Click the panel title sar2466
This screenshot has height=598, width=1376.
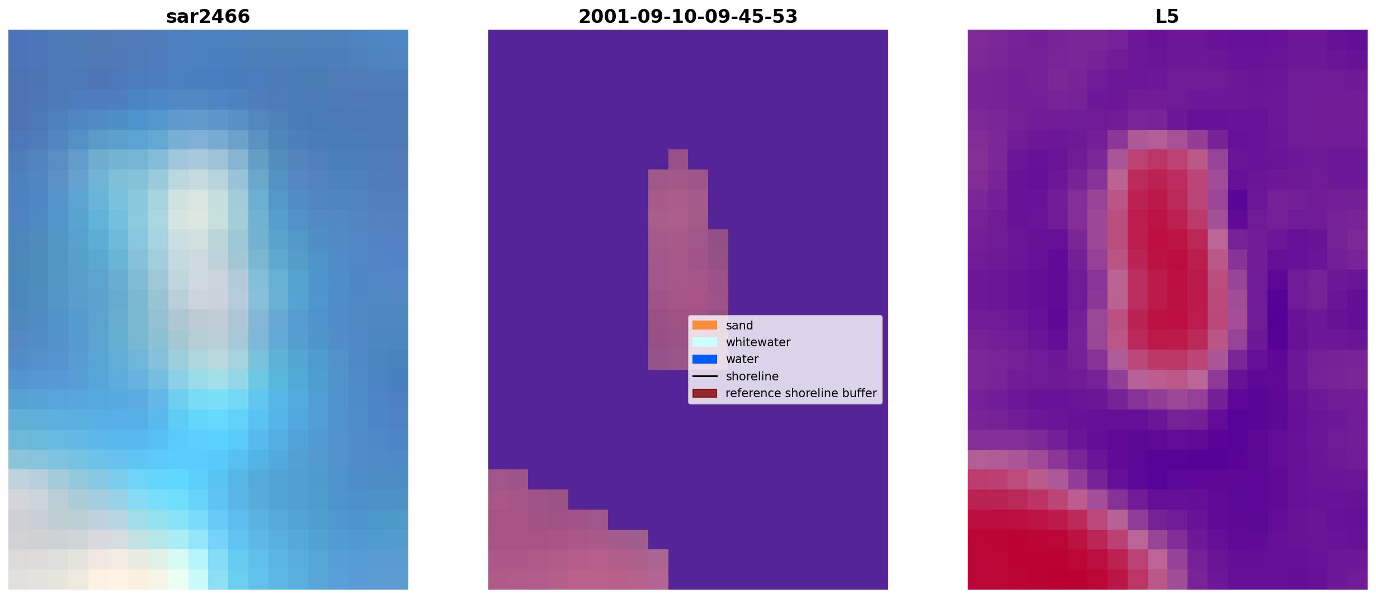208,17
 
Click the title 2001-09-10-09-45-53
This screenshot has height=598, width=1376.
688,17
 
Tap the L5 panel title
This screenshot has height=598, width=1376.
1167,17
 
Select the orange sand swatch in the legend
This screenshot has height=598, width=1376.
705,325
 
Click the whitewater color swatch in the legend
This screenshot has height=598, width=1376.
705,342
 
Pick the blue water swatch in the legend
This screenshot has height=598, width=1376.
705,359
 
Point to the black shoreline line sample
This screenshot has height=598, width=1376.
705,376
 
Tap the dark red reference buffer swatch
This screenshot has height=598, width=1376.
705,393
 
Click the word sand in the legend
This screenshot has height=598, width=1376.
739,326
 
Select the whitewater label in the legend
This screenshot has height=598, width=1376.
758,342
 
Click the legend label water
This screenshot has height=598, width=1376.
742,359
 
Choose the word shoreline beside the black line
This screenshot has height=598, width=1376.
752,376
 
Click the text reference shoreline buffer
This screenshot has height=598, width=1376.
801,393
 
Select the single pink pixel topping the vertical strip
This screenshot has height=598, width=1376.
678,159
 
